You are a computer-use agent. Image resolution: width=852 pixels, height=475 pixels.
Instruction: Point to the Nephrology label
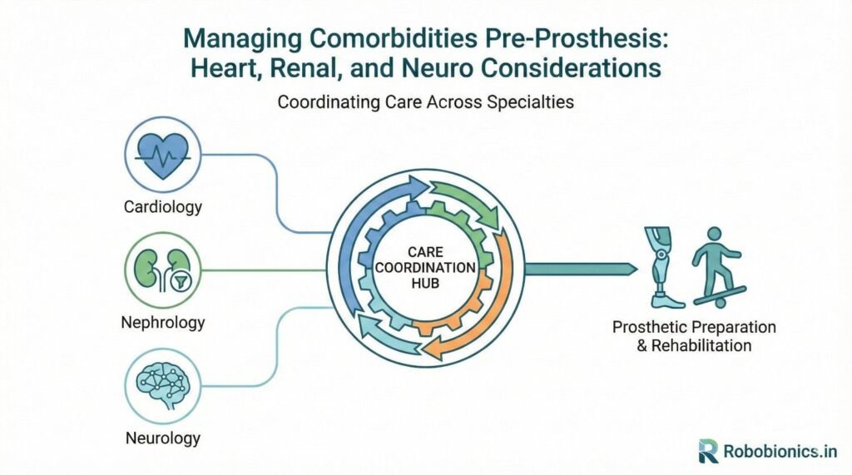tap(163, 321)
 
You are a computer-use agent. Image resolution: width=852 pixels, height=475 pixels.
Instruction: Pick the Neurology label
tap(163, 437)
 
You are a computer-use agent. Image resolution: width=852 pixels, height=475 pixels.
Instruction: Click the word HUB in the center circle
tap(425, 284)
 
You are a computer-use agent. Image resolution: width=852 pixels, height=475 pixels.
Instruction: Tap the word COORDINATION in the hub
tap(425, 268)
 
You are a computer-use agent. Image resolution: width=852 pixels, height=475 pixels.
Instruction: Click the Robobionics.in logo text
tap(780, 452)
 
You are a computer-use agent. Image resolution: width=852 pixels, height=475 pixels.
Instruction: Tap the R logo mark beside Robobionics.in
tap(708, 452)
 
